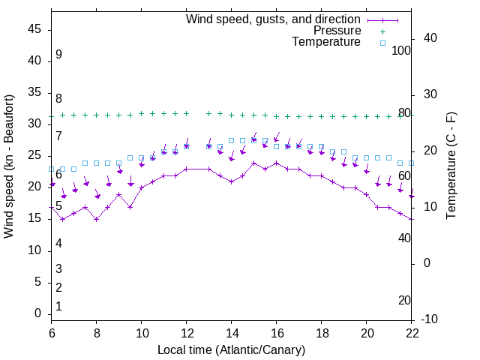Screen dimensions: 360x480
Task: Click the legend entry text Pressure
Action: [x=337, y=31]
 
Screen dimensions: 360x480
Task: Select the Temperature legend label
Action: [x=326, y=42]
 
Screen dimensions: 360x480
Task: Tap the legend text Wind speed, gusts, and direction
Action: [x=273, y=19]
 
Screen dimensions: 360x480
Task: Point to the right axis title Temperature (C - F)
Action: [x=451, y=166]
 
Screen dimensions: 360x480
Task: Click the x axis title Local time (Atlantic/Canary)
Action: [x=232, y=349]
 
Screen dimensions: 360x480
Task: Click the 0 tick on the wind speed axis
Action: [x=37, y=313]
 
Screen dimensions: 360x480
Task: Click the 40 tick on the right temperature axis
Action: [x=430, y=38]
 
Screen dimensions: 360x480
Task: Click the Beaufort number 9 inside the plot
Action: [x=58, y=55]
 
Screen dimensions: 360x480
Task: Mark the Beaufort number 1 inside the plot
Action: [x=58, y=307]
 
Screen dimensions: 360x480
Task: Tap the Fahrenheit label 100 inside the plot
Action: [x=402, y=50]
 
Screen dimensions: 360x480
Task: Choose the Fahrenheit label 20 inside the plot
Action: [x=404, y=300]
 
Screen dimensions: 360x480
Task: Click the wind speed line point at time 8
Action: [x=97, y=219]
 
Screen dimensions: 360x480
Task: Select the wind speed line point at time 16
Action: [x=277, y=163]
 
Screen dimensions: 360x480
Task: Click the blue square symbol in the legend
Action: [x=382, y=43]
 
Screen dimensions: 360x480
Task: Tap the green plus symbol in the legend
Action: [x=382, y=31]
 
